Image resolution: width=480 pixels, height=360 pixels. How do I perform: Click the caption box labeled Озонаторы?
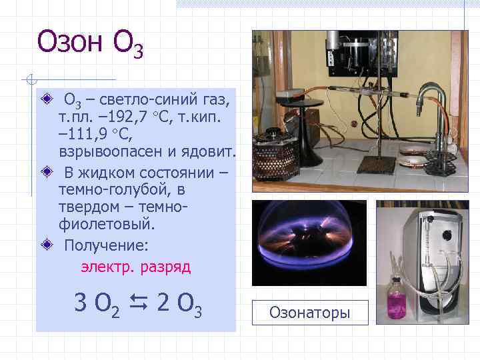[x=310, y=312]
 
